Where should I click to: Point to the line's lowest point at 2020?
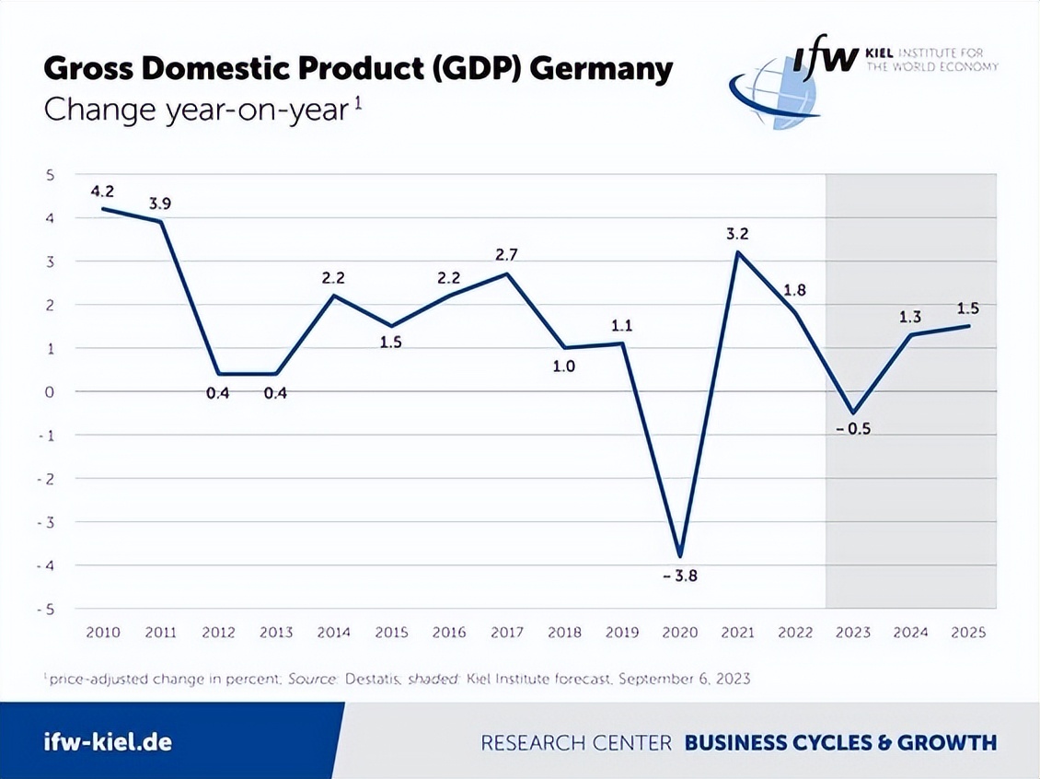coord(680,556)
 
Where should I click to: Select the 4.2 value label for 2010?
coord(101,192)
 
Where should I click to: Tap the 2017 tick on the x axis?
coord(508,633)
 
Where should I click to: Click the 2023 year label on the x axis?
coord(853,633)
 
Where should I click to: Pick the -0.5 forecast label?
coord(853,429)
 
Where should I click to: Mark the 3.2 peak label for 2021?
coord(738,235)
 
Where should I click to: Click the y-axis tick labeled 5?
coord(50,175)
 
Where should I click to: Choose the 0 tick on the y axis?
coord(50,391)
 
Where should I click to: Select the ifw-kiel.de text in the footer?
coord(108,741)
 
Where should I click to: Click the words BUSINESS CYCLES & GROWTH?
coord(840,742)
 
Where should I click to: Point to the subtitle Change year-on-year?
coord(196,110)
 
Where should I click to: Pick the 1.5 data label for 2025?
coord(968,308)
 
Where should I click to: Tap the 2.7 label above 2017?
coord(507,255)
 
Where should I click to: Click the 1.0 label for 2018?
coord(564,366)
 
